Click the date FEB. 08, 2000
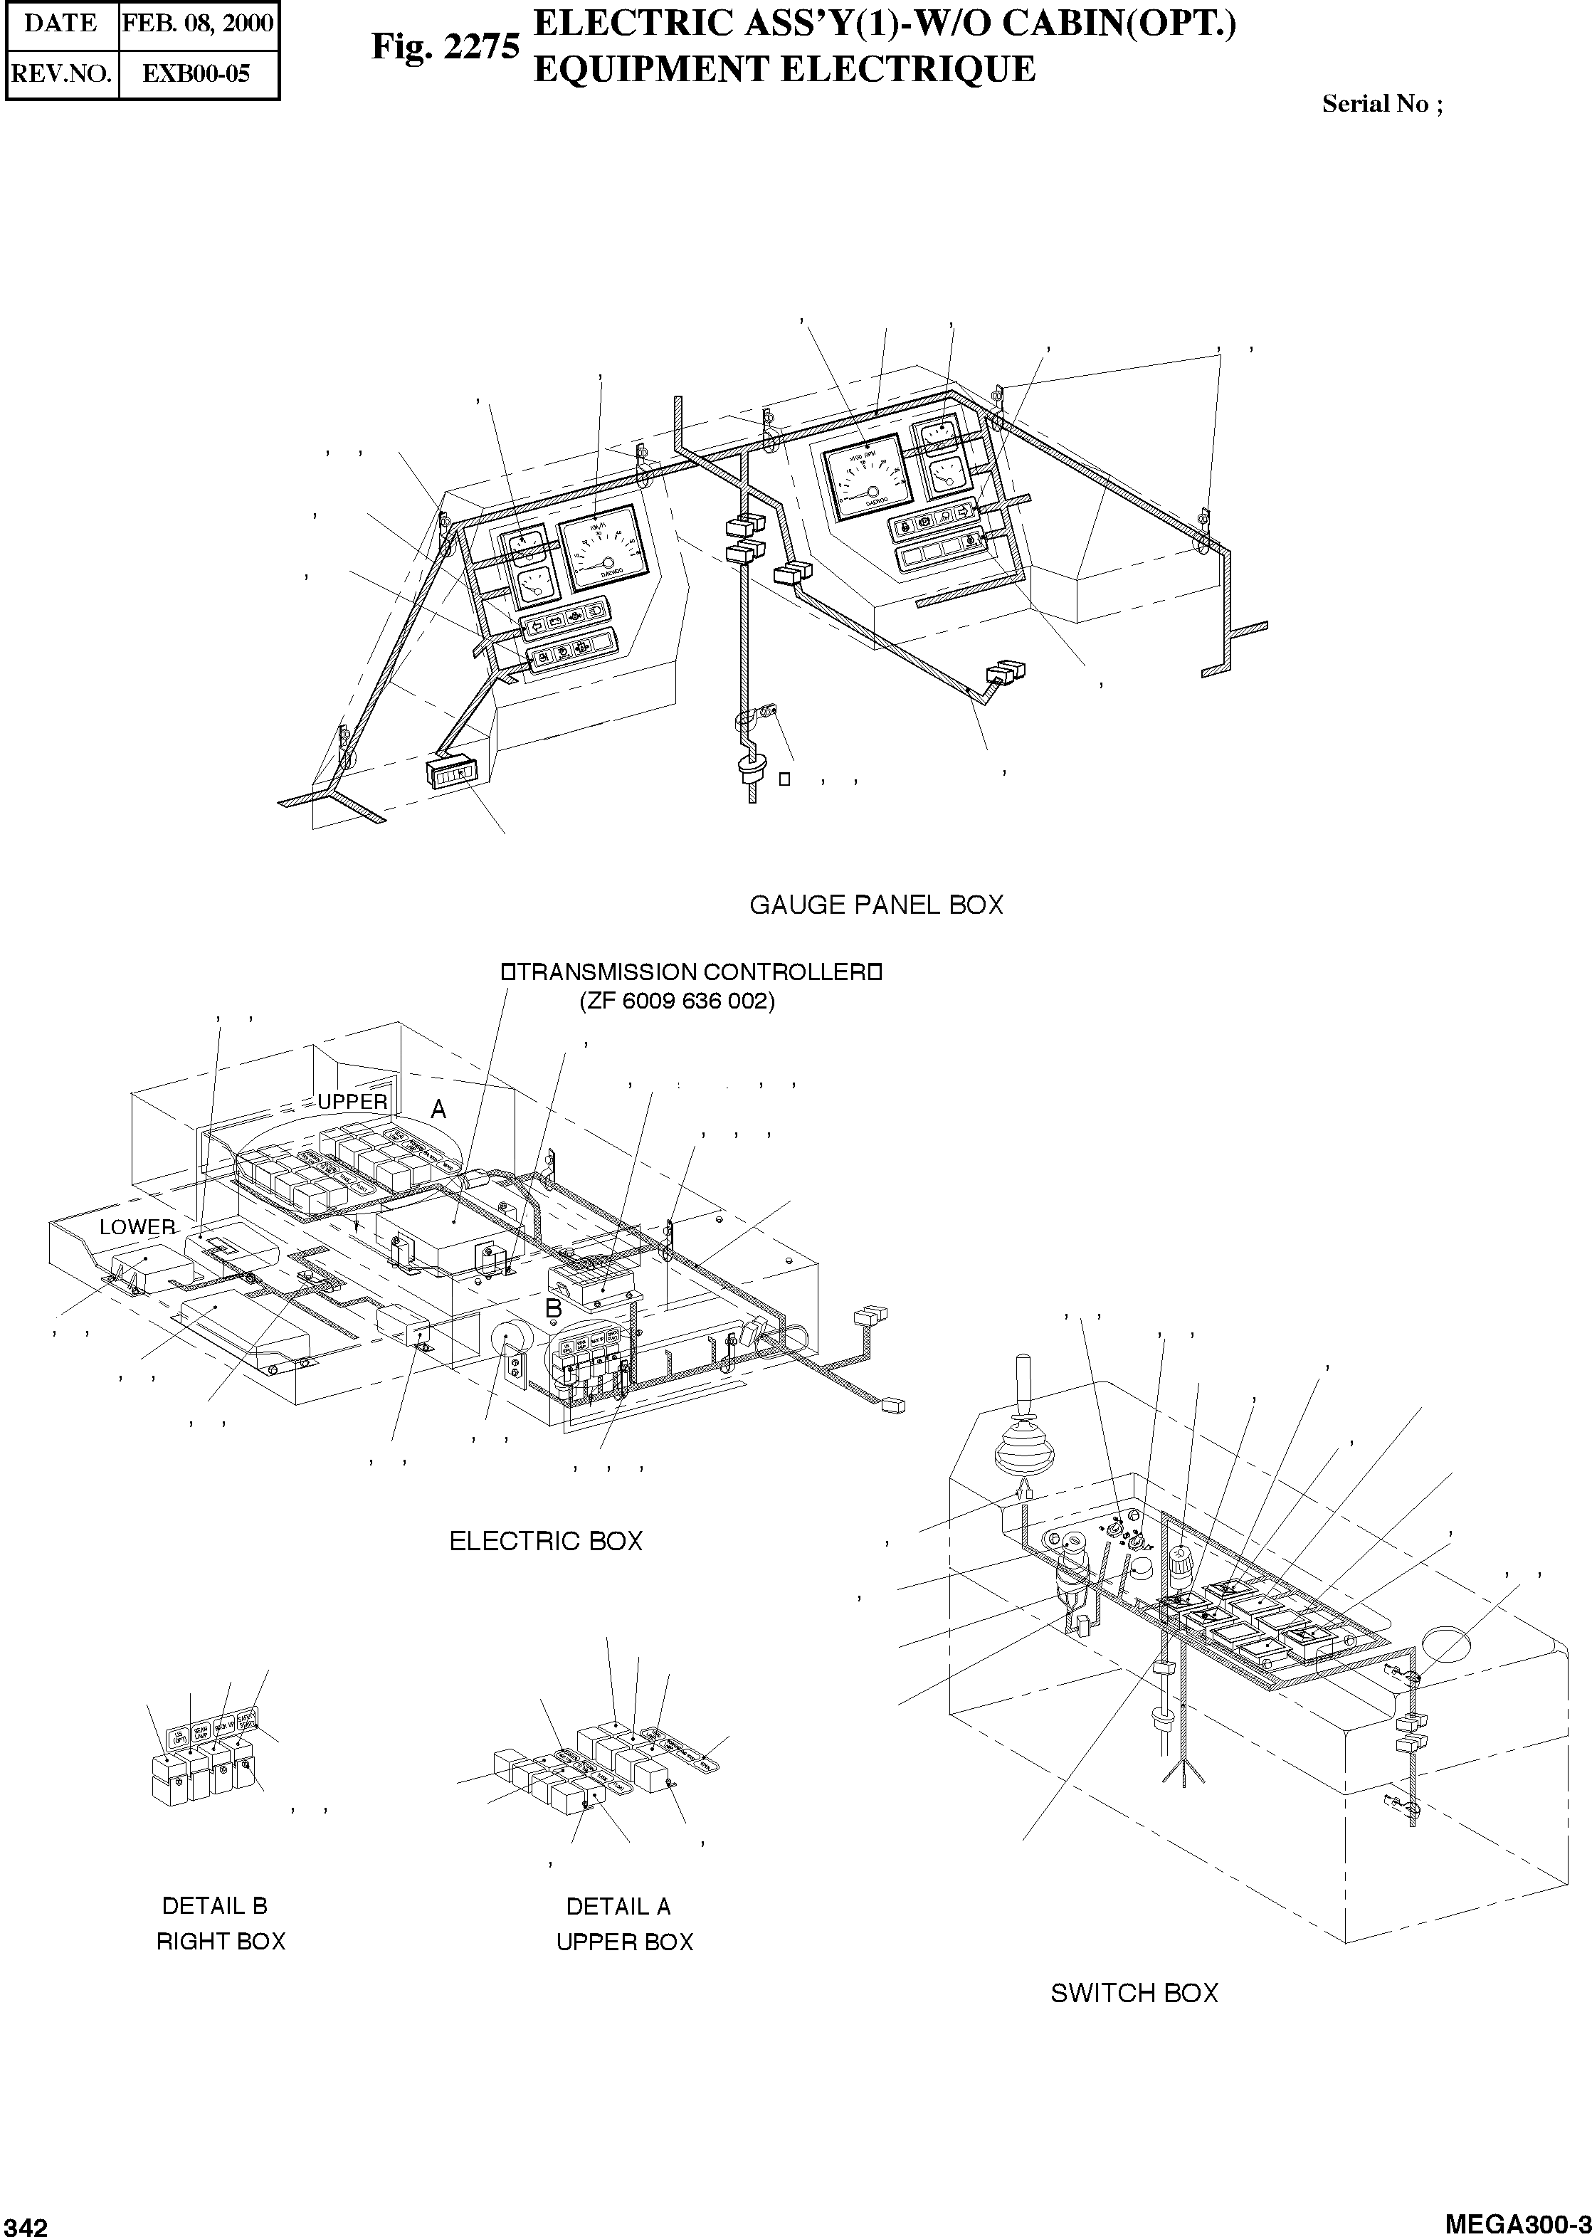point(197,23)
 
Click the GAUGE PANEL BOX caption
point(876,905)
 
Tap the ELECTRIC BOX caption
point(545,1541)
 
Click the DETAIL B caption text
point(215,1905)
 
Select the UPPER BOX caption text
point(624,1942)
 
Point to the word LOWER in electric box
point(137,1227)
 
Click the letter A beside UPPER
point(439,1110)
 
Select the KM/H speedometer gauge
point(604,550)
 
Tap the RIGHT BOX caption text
point(221,1941)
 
